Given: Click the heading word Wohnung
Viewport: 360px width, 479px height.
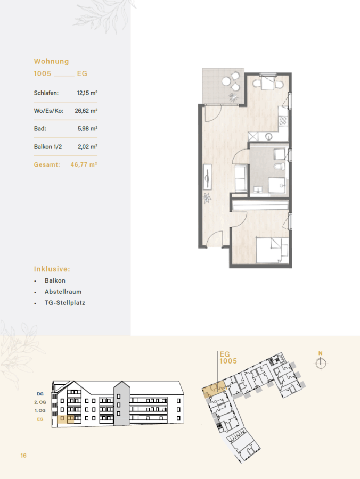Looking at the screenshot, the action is point(51,61).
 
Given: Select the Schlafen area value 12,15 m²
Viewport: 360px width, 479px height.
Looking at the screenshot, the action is point(87,93).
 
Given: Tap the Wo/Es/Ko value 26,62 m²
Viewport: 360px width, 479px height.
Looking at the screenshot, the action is point(86,111).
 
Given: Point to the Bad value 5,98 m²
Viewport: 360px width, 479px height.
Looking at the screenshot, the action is point(87,129).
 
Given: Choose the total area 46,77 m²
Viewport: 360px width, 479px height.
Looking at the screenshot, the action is point(84,164).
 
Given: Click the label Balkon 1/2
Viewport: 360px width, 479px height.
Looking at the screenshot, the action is point(48,147).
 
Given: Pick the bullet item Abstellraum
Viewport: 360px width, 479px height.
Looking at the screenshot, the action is point(63,292).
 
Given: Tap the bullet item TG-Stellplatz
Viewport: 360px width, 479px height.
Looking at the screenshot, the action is point(65,303).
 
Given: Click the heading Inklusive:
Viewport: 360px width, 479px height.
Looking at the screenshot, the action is point(52,269).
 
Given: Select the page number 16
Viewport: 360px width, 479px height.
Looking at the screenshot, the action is point(23,456).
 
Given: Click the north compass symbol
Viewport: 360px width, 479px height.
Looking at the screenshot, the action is point(321,363).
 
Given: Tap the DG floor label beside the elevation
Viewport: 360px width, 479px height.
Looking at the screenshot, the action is point(40,394).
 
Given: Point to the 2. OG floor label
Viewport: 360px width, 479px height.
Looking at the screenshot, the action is point(40,402).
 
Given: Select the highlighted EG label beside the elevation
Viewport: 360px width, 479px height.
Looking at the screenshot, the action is point(40,419).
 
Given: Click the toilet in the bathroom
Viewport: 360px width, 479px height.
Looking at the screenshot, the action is point(280,167).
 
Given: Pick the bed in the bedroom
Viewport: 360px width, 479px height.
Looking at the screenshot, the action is point(272,250).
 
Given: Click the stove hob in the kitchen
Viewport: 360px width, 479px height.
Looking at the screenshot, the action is point(283,121).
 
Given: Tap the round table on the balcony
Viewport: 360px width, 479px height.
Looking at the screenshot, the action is point(226,81).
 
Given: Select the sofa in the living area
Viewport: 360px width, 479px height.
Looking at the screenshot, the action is point(241,178).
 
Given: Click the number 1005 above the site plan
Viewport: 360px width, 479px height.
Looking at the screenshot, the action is point(228,361).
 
